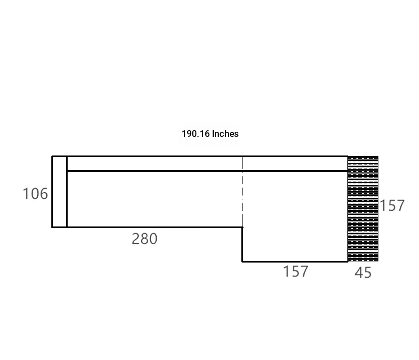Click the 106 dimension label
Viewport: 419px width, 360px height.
tap(36, 193)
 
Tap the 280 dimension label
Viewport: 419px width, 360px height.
tap(144, 239)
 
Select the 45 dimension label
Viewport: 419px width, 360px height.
tap(363, 273)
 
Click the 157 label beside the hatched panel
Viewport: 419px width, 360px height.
tap(392, 206)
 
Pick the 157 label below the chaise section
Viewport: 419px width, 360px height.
tap(296, 272)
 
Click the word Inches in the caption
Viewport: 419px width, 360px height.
tap(225, 134)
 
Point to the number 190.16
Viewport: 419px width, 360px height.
tap(196, 134)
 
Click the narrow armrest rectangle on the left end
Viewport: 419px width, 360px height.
tap(59, 192)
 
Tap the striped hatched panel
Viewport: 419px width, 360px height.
tap(363, 208)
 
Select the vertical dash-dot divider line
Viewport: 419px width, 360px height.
tap(243, 192)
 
